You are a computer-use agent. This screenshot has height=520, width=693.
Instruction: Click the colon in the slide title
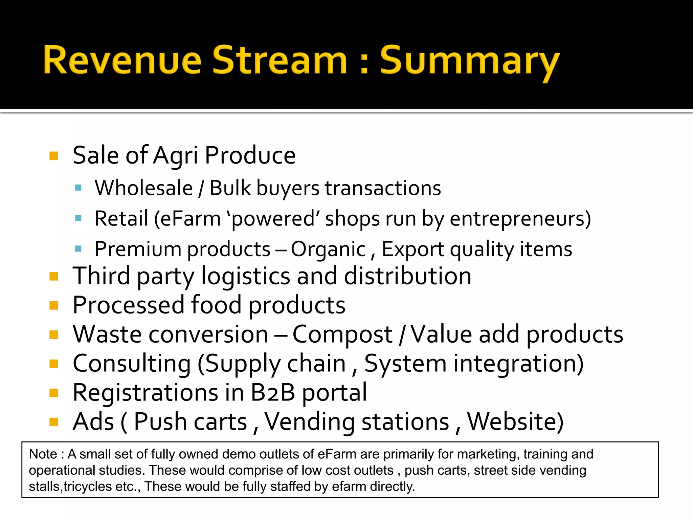364,63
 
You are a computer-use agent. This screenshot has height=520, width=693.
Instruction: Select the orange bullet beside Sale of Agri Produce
54,156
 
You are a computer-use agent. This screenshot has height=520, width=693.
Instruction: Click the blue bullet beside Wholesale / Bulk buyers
79,188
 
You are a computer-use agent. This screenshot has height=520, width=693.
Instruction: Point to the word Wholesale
144,188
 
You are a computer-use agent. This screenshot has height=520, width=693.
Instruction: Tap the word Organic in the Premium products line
328,250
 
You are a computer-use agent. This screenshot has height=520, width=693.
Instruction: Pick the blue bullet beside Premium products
79,249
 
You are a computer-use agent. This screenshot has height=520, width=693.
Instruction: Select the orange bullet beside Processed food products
54,306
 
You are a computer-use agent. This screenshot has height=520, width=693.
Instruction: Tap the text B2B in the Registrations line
273,393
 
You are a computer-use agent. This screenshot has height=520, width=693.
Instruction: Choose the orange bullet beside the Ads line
54,422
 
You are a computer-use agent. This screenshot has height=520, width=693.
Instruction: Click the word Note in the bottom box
43,454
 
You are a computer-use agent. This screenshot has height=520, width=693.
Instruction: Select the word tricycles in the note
88,486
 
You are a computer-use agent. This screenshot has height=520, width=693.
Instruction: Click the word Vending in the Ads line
310,422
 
